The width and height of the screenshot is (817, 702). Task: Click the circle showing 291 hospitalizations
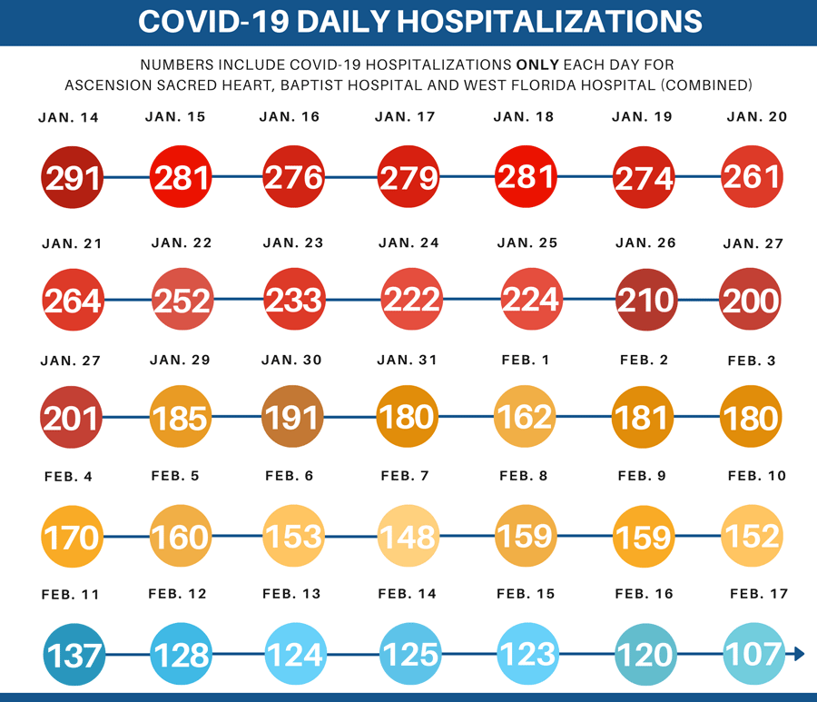click(73, 177)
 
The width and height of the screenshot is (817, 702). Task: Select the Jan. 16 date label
click(289, 117)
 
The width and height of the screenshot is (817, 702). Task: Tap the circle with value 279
click(408, 177)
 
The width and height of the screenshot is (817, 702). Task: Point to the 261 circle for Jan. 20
click(752, 177)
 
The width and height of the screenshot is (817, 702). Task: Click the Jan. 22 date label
click(182, 242)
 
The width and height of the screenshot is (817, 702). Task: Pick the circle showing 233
click(293, 300)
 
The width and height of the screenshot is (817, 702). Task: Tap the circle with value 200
click(750, 300)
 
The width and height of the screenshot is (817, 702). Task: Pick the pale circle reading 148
click(408, 537)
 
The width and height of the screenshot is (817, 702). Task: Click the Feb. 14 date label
click(407, 594)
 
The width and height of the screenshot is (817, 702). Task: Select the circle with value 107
click(753, 654)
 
